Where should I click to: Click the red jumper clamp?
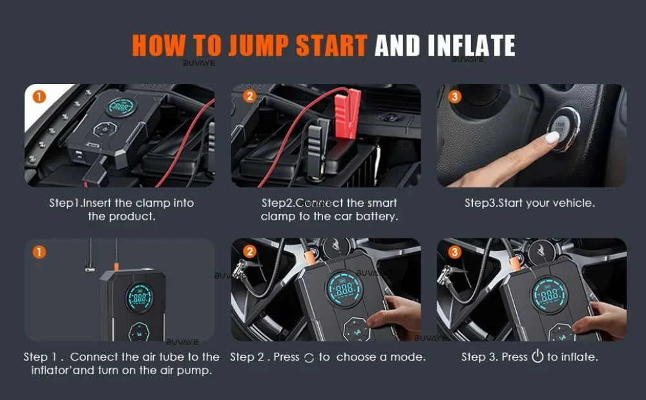(x=346, y=107)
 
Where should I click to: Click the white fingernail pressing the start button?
(x=552, y=138)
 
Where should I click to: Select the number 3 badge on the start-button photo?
(x=455, y=97)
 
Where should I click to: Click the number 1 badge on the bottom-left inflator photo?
(x=39, y=252)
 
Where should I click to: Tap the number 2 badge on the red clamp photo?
(x=249, y=97)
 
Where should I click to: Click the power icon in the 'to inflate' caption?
(x=537, y=357)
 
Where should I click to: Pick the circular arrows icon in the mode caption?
(x=309, y=358)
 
